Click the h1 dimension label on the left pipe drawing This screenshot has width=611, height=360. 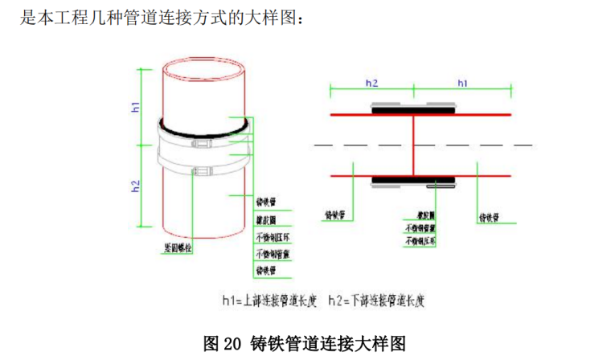click(137, 107)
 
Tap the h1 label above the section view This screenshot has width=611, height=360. click(462, 83)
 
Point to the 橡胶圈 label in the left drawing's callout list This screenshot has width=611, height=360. click(265, 220)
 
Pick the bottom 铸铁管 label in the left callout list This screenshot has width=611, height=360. click(265, 271)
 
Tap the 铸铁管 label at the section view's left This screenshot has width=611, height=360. click(335, 215)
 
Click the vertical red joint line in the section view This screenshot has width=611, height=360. click(412, 145)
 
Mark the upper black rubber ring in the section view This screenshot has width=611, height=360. click(412, 110)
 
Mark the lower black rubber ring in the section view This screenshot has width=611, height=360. click(412, 179)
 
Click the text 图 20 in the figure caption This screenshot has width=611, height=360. click(223, 343)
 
